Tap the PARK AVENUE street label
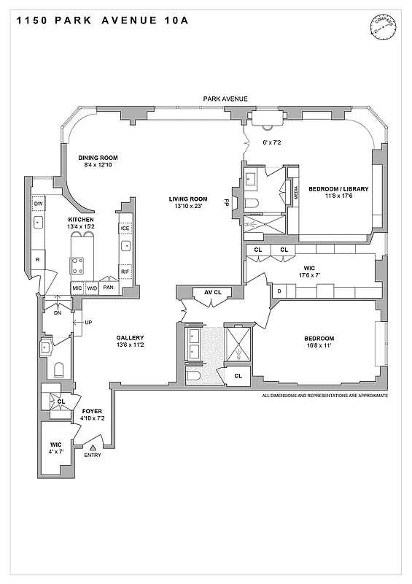coord(225,99)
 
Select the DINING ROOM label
coord(98,158)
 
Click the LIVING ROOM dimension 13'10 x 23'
coord(188,207)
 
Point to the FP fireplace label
coord(227,201)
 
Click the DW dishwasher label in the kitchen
coord(37,204)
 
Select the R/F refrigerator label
coord(125,272)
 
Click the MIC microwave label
coord(77,288)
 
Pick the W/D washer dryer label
coord(93,288)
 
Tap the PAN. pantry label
coord(109,288)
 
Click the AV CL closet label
coord(212,293)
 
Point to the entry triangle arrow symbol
coord(93,446)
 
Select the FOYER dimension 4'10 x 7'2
coord(92,418)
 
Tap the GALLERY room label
coord(130,337)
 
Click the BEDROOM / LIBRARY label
coord(338,188)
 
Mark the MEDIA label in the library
coord(296,194)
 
